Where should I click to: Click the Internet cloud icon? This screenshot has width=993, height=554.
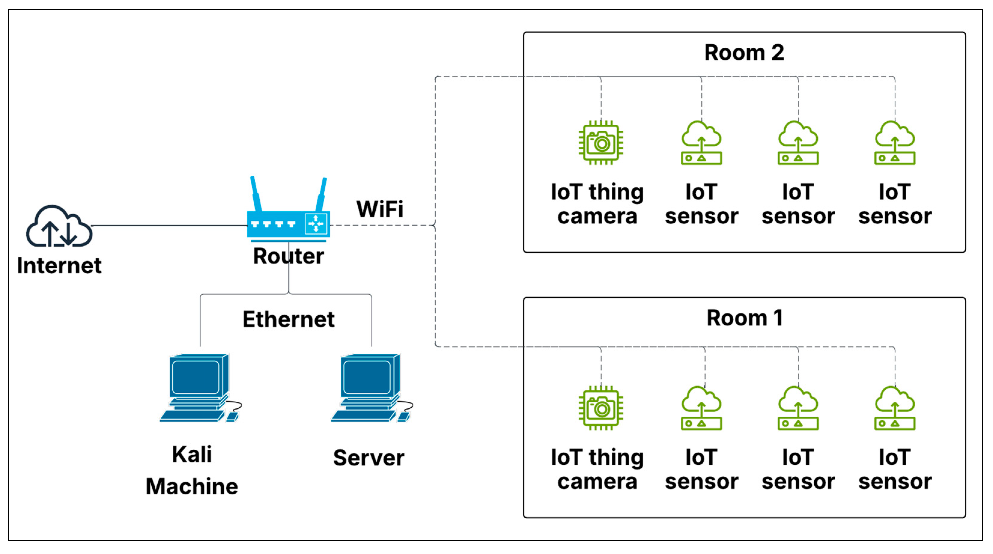(59, 227)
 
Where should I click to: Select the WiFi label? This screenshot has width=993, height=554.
(380, 209)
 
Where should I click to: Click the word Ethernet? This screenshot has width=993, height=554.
(288, 319)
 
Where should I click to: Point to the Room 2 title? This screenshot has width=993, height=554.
(744, 53)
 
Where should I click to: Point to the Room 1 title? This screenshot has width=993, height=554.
(744, 318)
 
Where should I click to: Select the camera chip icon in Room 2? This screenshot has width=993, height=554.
(601, 143)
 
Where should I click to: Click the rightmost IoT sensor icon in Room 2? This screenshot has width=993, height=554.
(895, 143)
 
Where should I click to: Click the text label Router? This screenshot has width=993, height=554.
(288, 256)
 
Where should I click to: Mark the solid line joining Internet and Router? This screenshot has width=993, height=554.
(170, 226)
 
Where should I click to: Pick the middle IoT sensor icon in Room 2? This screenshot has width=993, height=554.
(798, 143)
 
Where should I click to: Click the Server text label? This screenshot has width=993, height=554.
(368, 458)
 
